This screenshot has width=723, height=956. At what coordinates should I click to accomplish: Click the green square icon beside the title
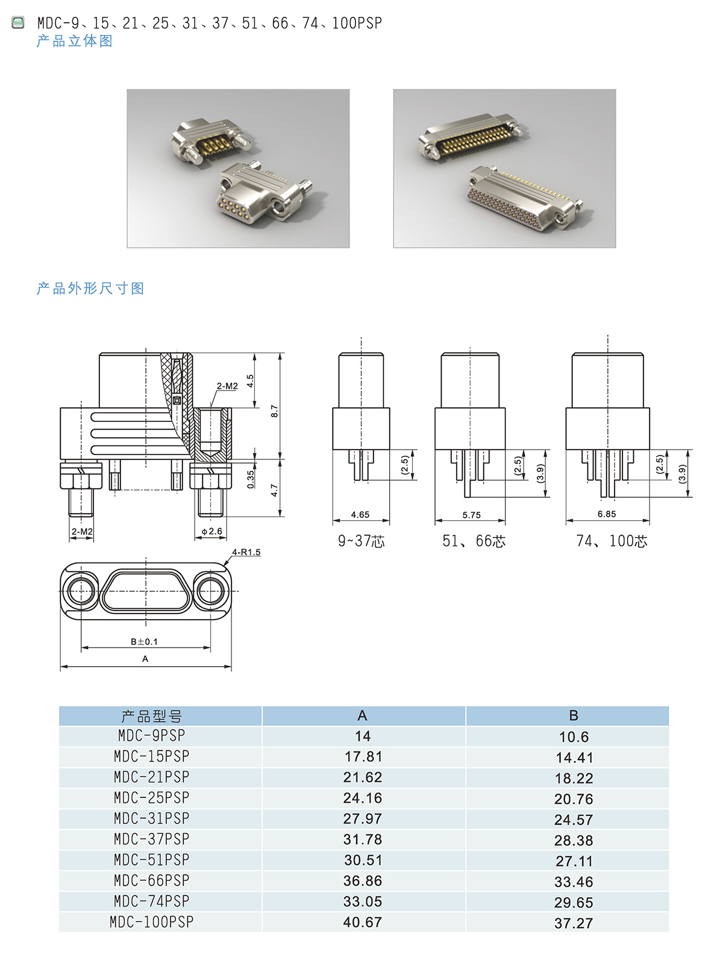tap(18, 22)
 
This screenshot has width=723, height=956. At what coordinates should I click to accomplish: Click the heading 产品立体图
tap(75, 41)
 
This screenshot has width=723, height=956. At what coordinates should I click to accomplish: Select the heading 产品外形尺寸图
tap(90, 288)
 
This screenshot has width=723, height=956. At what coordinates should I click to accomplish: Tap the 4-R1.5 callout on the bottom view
tap(246, 552)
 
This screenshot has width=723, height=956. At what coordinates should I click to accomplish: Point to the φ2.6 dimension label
tap(211, 531)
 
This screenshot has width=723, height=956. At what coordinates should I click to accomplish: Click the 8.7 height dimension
tap(274, 411)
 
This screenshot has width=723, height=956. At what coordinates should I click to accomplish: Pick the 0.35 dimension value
tap(251, 479)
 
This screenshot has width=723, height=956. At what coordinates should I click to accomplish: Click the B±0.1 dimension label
tap(144, 641)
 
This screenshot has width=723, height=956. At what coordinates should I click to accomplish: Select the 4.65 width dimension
tap(360, 514)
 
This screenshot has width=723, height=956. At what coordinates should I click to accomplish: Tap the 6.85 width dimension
tap(606, 514)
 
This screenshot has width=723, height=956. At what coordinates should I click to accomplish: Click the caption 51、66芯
tap(474, 541)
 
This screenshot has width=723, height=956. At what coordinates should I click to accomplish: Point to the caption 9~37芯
tap(361, 541)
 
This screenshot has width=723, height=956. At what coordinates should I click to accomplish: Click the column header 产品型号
tap(151, 716)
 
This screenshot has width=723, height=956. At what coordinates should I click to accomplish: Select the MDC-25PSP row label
tap(151, 797)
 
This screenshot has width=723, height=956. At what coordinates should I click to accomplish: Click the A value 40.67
tap(362, 922)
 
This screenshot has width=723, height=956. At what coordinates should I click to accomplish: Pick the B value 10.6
tap(574, 737)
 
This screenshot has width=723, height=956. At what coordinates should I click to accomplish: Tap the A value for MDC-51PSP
tap(363, 860)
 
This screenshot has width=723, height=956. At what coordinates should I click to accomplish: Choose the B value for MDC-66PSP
tap(574, 881)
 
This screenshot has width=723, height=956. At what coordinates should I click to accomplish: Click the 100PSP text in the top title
tap(357, 23)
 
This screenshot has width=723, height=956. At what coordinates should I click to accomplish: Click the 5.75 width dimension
tap(471, 515)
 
